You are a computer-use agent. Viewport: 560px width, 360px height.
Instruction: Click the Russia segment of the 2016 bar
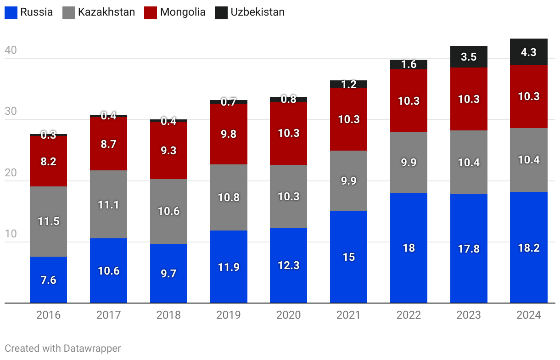pos(48,280)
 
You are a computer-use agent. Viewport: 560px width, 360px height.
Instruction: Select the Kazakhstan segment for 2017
pos(108,204)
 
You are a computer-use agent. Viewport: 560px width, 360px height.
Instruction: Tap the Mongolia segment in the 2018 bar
pos(168,150)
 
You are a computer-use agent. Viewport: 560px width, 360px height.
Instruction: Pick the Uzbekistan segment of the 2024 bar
pos(529,52)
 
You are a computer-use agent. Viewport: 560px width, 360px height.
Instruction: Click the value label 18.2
pos(529,248)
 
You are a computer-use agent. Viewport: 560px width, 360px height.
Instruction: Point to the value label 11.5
pos(48,221)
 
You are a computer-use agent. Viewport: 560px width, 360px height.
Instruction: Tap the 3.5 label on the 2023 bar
pos(469,57)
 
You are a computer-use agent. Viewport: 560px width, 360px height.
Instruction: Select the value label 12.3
pos(288,265)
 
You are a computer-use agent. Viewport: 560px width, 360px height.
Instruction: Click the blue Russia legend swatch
pos(11,12)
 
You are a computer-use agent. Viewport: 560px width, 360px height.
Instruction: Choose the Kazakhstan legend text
pos(106,12)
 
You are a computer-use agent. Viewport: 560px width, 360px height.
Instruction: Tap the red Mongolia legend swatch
pos(151,12)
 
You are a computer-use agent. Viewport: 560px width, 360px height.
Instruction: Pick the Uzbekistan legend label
pos(258,12)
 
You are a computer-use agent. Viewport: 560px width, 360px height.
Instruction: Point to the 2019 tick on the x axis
pos(229,315)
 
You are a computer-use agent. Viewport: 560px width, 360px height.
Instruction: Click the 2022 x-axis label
pos(409,315)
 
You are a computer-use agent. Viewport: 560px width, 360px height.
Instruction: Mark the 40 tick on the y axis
pos(11,51)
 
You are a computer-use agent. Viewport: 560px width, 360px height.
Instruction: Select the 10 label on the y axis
pos(11,234)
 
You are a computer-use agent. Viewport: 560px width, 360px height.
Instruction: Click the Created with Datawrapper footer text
pos(63,349)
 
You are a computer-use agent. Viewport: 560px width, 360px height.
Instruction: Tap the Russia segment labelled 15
pos(348,257)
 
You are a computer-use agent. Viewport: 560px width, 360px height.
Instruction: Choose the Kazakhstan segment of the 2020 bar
pos(288,196)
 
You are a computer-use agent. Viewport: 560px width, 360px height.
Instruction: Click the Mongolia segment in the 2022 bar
pos(409,101)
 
